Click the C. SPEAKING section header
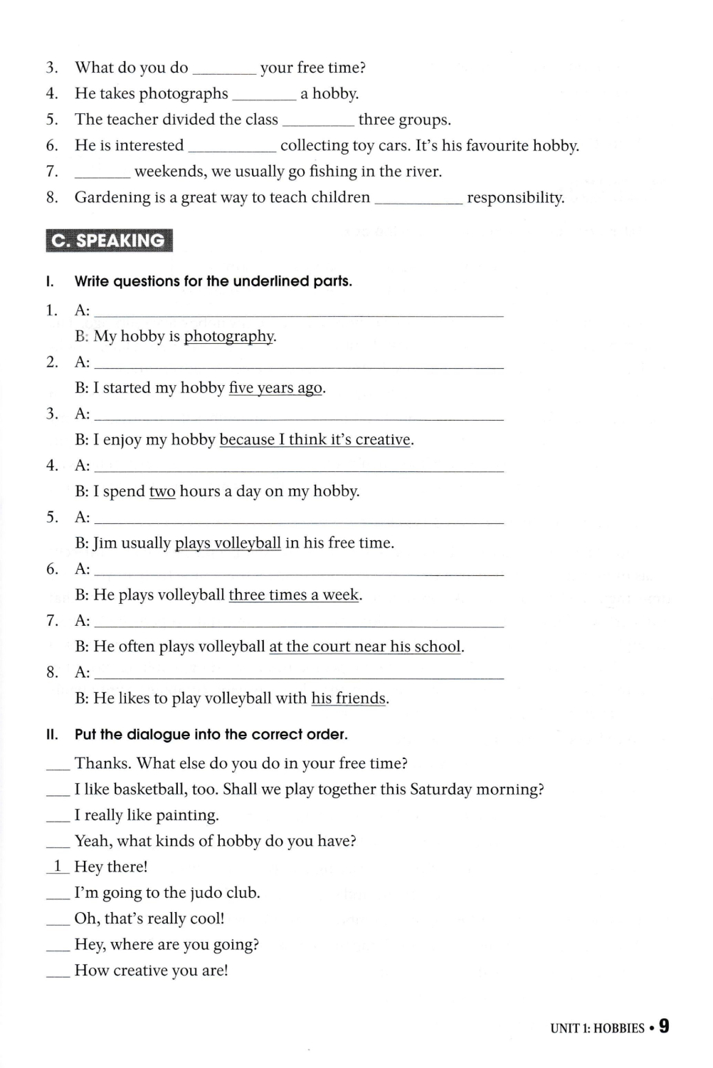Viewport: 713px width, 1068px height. [109, 241]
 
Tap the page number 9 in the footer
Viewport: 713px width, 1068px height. [664, 1026]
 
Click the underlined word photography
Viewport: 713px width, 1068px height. [229, 336]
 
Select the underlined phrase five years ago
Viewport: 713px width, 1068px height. [275, 388]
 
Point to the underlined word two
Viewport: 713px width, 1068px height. [162, 491]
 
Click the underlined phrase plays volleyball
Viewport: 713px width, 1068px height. [228, 543]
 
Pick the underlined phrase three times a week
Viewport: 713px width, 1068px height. [294, 595]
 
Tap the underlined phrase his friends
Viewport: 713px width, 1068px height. [349, 698]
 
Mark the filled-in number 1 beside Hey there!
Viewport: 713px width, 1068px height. [58, 867]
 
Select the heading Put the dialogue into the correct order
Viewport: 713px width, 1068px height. [211, 735]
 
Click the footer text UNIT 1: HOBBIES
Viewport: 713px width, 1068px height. [597, 1028]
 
